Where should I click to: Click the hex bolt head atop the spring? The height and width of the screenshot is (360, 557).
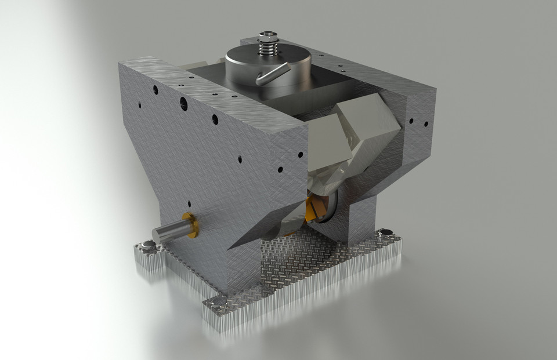267,36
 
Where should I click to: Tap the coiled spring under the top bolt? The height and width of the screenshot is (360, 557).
267,49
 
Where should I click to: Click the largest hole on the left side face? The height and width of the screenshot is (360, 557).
183,104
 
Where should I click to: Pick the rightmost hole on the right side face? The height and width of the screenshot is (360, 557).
426,123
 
